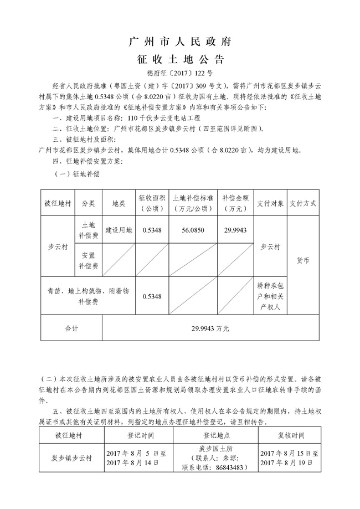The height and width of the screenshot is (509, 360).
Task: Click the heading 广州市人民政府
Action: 179,42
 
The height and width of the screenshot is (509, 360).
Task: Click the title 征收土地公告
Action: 179,59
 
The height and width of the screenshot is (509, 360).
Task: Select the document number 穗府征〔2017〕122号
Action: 179,73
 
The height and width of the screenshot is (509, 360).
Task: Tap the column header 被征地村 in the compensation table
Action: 58,203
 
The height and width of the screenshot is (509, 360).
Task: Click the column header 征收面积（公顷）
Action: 151,203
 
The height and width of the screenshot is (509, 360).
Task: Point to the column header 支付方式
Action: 303,203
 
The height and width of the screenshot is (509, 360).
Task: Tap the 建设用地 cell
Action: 119,230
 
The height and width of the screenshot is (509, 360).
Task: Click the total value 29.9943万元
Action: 210,328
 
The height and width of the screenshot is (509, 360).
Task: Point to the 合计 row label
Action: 71,328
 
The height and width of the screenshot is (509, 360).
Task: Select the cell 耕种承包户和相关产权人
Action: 270,296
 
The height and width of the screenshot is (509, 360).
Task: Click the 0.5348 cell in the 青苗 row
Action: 151,297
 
